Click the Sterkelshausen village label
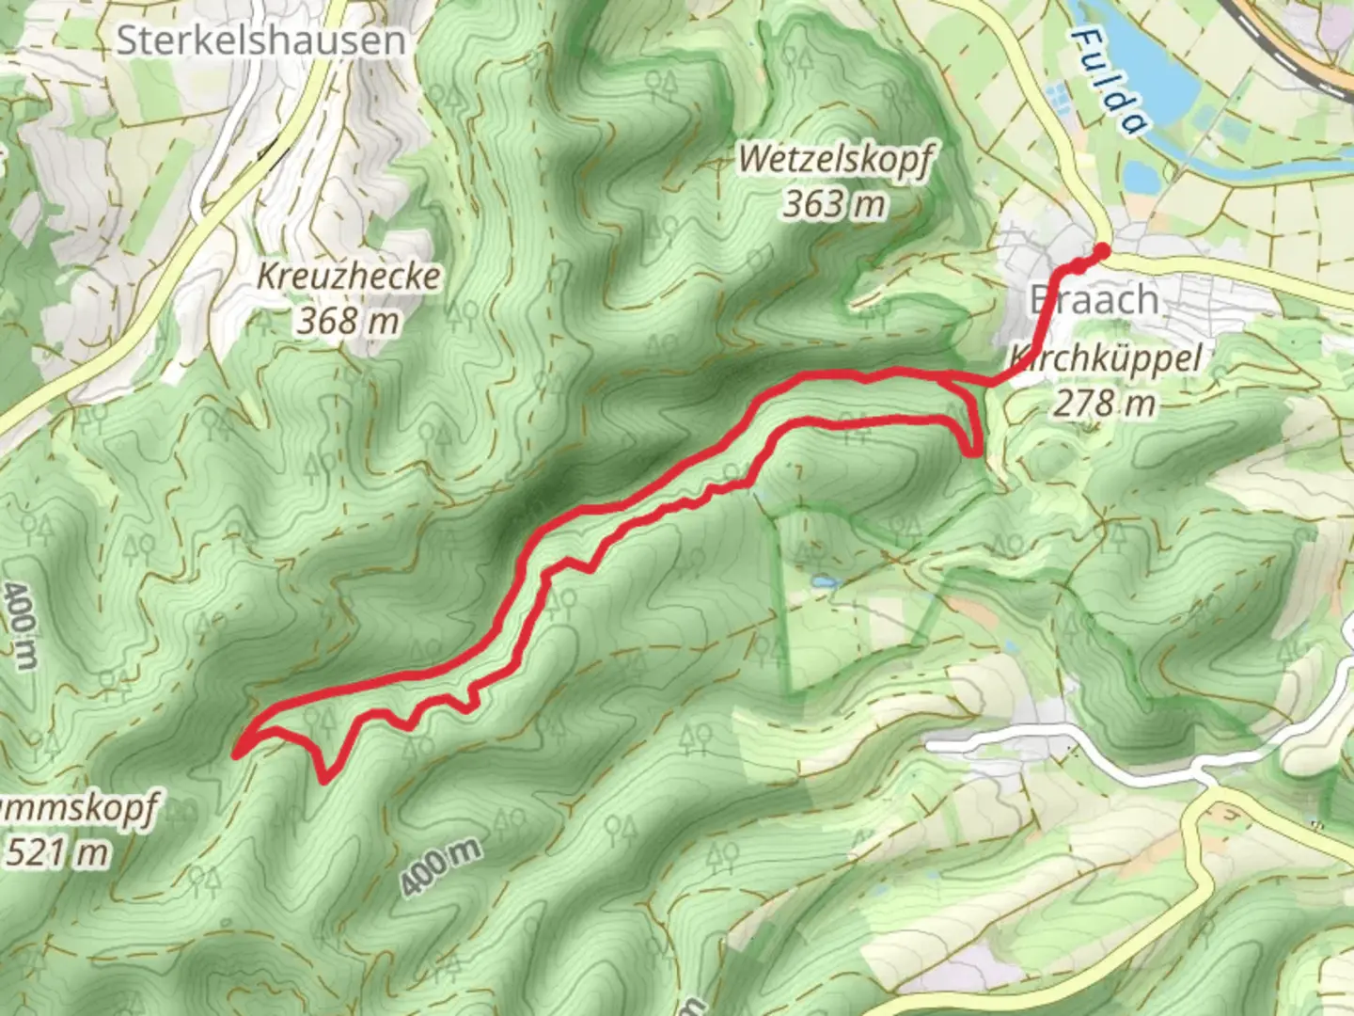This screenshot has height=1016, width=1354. click(x=261, y=40)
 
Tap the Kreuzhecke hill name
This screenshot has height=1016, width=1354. click(x=349, y=276)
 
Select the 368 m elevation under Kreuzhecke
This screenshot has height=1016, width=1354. click(x=349, y=321)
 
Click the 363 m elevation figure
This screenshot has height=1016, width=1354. click(x=835, y=202)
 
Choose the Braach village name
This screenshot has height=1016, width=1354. click(x=1094, y=300)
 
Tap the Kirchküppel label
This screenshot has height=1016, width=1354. click(x=1106, y=358)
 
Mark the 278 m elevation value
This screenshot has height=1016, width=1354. click(x=1104, y=403)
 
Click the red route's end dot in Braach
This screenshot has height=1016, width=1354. click(x=1101, y=250)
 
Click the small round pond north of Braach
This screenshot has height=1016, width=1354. click(x=1139, y=176)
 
